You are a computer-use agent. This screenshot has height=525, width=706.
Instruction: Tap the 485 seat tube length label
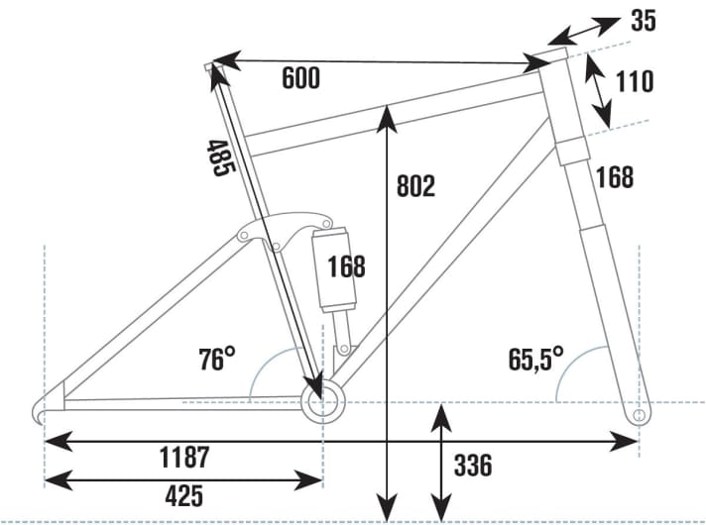220,158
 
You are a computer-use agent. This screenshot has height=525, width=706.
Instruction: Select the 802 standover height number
415,185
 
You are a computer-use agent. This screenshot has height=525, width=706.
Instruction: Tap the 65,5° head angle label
536,357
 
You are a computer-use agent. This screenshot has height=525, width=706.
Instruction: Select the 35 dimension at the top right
643,21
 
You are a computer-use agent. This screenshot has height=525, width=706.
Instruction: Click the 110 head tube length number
634,81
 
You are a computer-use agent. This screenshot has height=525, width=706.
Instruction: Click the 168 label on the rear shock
345,266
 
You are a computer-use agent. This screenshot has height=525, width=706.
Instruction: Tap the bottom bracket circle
320,402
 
